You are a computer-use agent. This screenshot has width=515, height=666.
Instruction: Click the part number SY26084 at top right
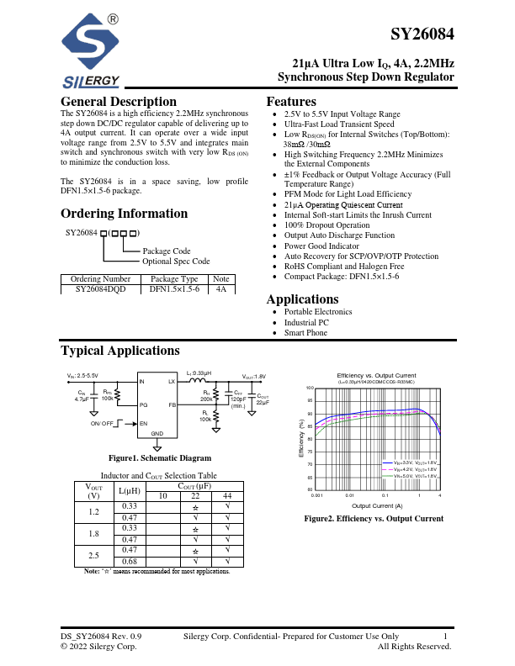tap(422, 35)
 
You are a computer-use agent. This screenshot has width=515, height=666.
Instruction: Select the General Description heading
tap(119, 102)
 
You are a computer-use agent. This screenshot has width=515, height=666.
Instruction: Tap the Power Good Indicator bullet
tap(321, 246)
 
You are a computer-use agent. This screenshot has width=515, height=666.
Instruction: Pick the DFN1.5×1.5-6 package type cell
tap(174, 288)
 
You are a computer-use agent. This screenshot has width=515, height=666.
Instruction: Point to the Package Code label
tap(167, 251)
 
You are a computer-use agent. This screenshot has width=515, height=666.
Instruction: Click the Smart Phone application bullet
tap(306, 333)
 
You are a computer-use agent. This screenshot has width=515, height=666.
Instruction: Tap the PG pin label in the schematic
tap(143, 405)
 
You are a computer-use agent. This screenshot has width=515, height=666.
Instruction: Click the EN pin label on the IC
tap(143, 423)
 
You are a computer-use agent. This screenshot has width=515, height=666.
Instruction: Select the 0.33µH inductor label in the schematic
tap(199, 373)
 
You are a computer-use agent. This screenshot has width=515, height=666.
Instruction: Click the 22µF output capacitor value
tap(263, 403)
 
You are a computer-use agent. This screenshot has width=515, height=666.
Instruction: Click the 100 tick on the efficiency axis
tap(310, 388)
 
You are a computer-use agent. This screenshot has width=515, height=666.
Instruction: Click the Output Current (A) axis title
tap(376, 505)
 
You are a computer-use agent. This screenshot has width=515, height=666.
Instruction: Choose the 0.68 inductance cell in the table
tap(130, 563)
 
